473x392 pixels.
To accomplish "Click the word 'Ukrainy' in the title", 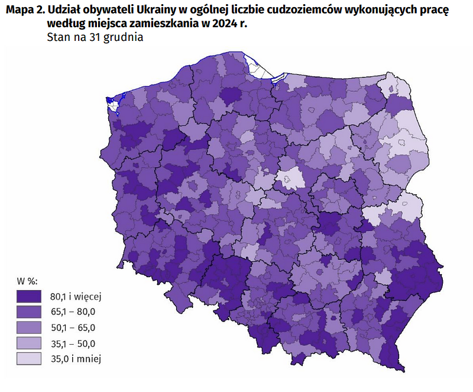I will pos(144,11).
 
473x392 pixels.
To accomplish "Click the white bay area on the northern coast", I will pos(261,68).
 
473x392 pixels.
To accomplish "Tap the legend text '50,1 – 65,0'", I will pos(73,327).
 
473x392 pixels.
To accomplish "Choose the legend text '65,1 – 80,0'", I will pos(73,311).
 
